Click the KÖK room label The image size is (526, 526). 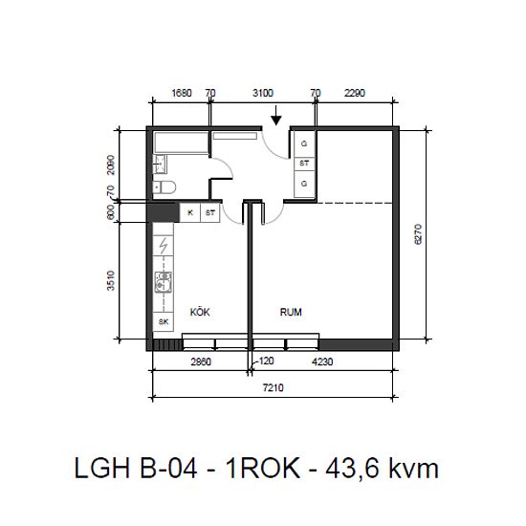200,312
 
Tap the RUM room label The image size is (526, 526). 291,312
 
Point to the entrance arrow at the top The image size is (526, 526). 275,116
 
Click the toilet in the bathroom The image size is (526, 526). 164,187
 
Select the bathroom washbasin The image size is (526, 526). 160,164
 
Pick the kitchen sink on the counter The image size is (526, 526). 163,282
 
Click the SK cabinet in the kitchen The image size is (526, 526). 164,321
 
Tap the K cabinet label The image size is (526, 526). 190,212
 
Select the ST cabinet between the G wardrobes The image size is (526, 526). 304,164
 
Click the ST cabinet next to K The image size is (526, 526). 210,212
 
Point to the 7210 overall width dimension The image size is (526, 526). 274,387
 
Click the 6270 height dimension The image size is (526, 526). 418,234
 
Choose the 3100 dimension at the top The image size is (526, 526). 263,93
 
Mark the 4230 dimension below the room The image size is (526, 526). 322,362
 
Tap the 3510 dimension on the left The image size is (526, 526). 111,280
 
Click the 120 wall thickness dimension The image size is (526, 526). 267,361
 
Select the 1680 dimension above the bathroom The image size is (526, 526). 182,93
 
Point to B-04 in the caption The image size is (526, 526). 168,468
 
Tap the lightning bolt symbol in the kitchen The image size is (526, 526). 163,246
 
